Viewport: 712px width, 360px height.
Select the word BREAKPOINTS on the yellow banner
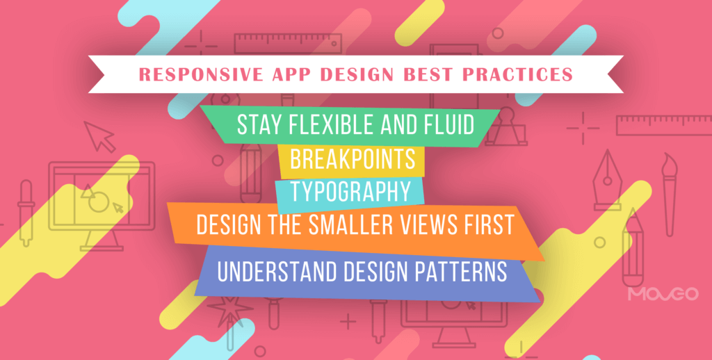(x=352, y=160)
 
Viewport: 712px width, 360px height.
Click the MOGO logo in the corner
(x=662, y=295)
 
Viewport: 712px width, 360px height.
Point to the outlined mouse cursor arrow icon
(x=100, y=136)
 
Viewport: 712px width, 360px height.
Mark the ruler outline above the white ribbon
(x=275, y=44)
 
